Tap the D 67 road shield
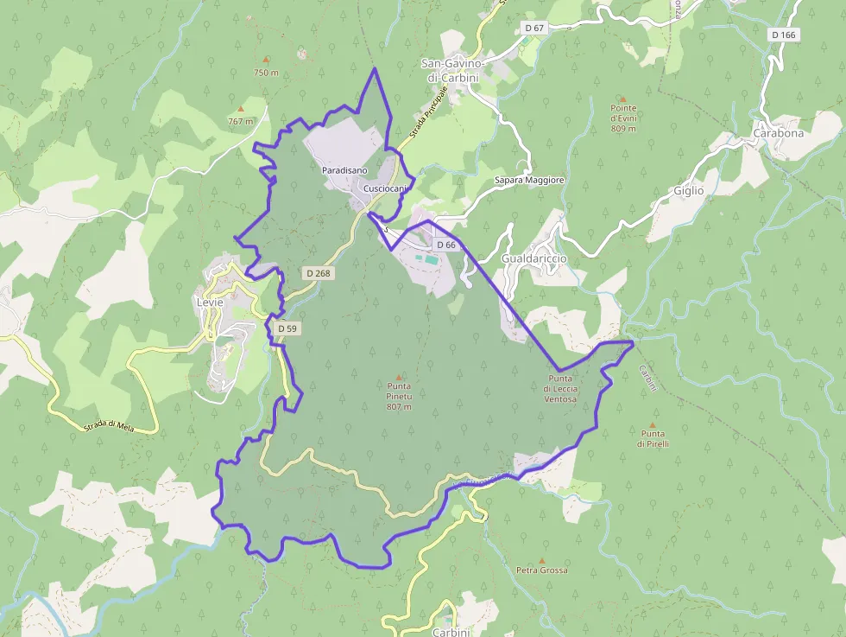click(534, 28)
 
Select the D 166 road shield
click(784, 35)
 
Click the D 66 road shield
click(445, 245)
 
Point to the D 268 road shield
click(318, 273)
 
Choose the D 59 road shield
click(287, 328)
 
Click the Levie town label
click(210, 303)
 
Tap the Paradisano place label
click(345, 171)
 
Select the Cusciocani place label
click(385, 188)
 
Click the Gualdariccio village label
click(533, 258)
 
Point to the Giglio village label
click(689, 190)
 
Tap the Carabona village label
click(778, 133)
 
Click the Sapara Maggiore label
click(529, 180)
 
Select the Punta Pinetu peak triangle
click(399, 378)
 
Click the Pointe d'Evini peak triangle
click(622, 99)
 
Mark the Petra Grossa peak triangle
click(542, 561)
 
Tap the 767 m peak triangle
click(241, 109)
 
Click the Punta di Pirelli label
click(653, 438)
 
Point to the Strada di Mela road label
click(107, 424)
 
